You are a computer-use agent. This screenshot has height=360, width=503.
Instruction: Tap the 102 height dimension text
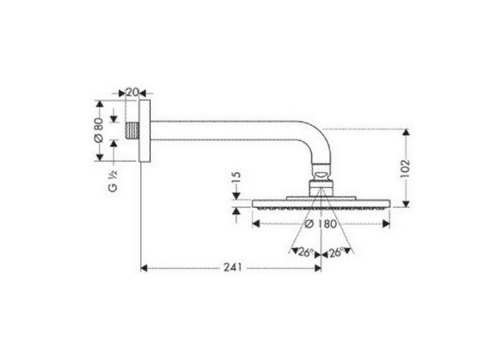[x=404, y=166]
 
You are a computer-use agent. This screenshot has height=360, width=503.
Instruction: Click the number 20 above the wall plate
[x=132, y=92]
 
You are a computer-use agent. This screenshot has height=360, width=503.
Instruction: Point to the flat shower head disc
[x=320, y=203]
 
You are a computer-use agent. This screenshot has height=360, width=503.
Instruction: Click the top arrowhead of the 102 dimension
[x=406, y=133]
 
